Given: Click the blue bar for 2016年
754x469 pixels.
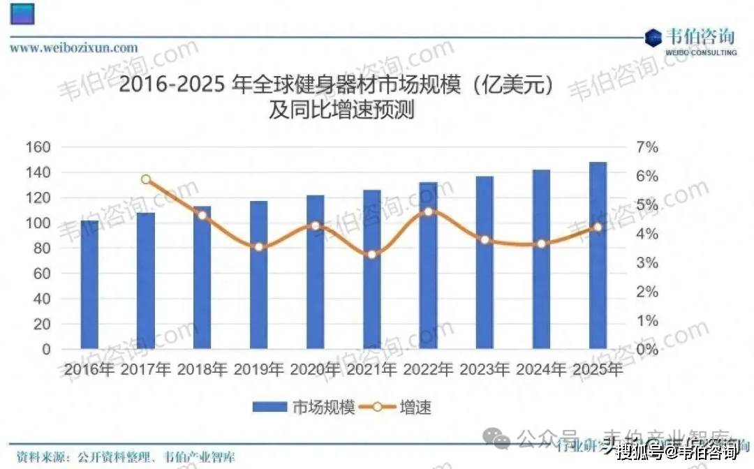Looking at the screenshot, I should (x=89, y=284).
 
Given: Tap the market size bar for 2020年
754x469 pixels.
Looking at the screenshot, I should (x=315, y=271).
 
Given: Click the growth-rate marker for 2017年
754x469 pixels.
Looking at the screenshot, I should (x=146, y=179).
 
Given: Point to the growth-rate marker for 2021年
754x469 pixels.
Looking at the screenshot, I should (x=372, y=254).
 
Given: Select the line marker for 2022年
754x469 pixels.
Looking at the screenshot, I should (x=429, y=211).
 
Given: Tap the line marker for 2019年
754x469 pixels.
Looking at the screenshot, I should (x=259, y=246).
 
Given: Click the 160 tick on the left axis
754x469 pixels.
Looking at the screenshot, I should (x=39, y=147).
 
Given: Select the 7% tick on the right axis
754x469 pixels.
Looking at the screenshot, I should (x=646, y=147).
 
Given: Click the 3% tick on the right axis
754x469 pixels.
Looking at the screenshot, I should (x=646, y=263).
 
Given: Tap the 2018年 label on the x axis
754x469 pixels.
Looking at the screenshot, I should (x=202, y=369).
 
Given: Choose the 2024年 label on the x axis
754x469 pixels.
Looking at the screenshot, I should (x=541, y=369).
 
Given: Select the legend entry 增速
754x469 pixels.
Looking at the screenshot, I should (x=405, y=406).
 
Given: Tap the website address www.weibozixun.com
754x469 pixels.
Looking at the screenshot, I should (x=73, y=47).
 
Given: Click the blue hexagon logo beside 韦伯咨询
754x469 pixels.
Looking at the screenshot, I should (x=653, y=38).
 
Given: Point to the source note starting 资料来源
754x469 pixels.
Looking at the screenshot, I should (x=126, y=458).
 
